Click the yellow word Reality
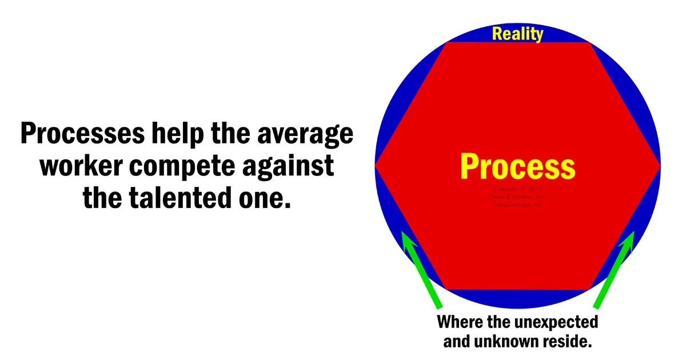(517, 34)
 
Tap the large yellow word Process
(517, 166)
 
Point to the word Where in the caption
(456, 322)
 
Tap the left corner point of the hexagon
(376, 165)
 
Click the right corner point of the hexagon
(660, 165)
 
